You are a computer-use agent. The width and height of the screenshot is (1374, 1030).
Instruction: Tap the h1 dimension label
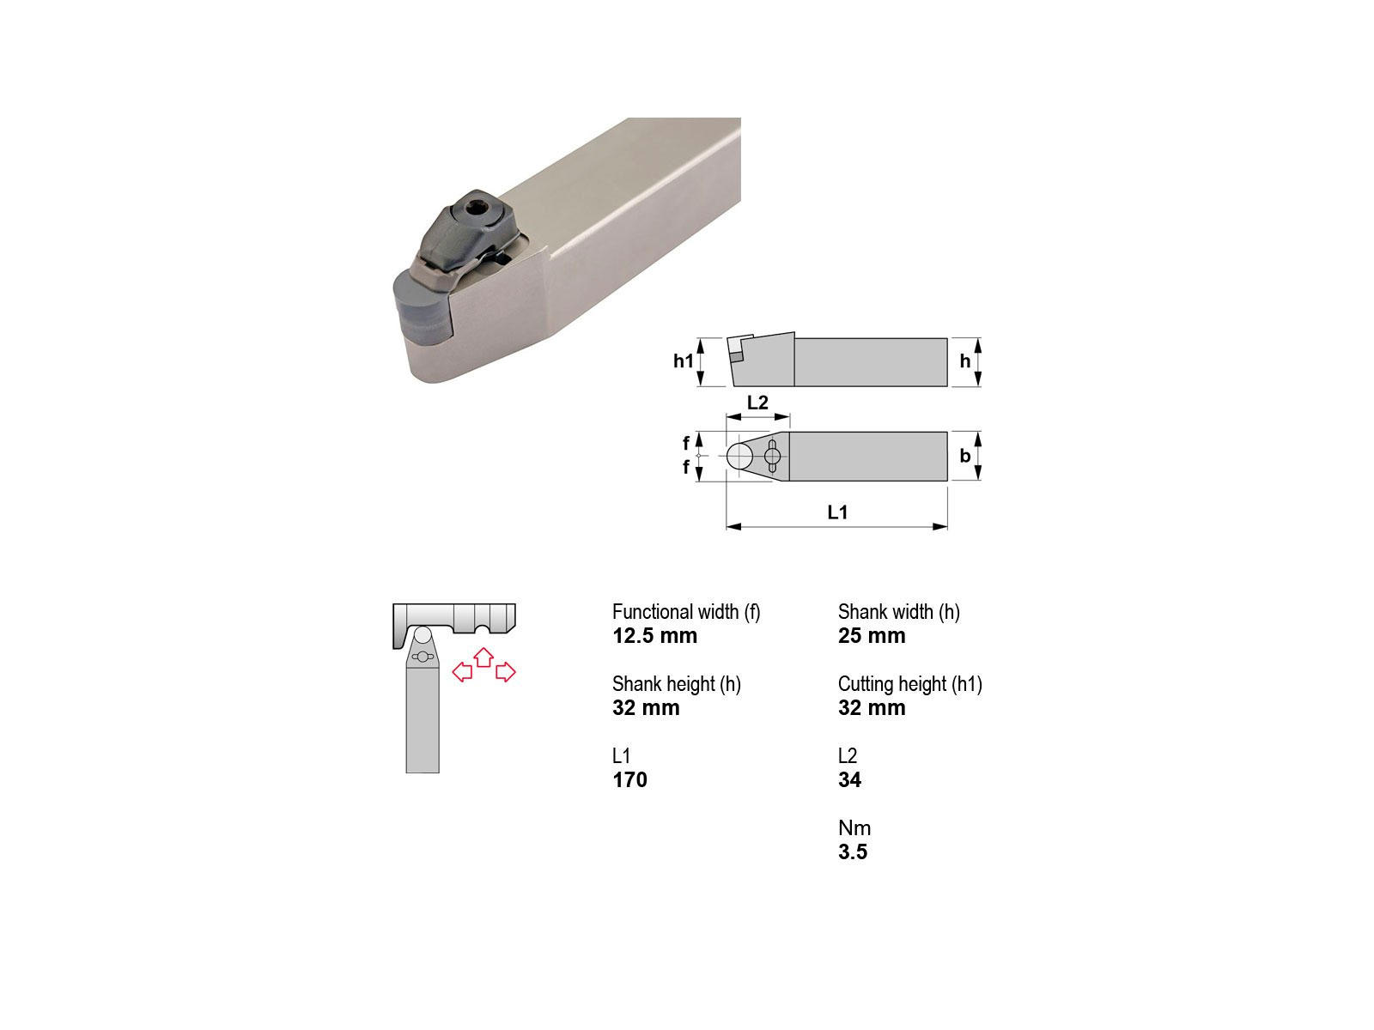(683, 360)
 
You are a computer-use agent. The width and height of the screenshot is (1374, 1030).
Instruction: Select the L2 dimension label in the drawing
(757, 402)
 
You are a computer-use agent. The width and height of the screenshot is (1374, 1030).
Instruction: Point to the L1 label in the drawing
(837, 512)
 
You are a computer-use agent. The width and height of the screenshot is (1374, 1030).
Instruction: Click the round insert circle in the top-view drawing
(740, 456)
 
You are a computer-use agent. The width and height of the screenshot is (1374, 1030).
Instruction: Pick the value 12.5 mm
(654, 635)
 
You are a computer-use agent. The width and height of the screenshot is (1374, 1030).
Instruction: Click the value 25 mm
(872, 635)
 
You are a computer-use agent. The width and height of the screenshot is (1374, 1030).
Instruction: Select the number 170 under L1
(629, 779)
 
